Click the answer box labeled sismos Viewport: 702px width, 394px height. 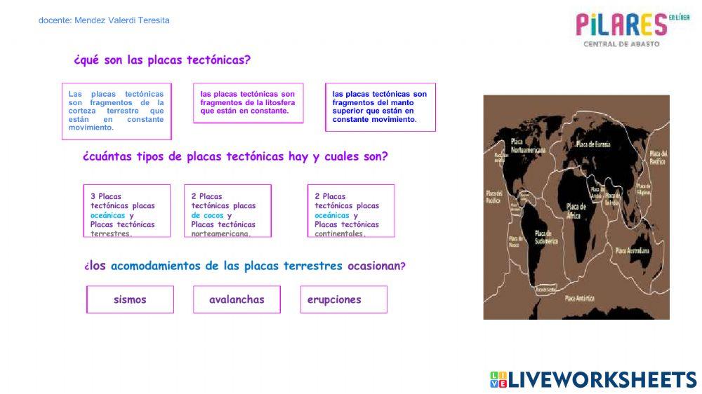(x=130, y=299)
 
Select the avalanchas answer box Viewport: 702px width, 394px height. (x=237, y=299)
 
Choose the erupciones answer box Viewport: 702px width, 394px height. (x=343, y=299)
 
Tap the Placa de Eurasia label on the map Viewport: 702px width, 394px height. (x=593, y=144)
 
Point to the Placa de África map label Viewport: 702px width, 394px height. (x=576, y=211)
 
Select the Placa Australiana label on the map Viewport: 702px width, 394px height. (x=633, y=250)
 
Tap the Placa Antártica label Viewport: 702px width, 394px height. (x=580, y=298)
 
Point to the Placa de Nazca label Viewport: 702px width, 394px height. (x=513, y=242)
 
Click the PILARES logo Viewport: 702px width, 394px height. (x=621, y=27)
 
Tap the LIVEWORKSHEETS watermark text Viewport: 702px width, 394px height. (x=593, y=380)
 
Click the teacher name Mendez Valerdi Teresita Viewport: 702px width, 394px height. (x=104, y=20)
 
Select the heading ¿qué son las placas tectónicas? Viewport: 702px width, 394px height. (x=161, y=60)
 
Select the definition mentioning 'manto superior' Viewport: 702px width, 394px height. (x=380, y=107)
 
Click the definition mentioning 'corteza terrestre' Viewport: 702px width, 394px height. (x=117, y=111)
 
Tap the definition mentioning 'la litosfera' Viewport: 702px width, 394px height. (x=248, y=102)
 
